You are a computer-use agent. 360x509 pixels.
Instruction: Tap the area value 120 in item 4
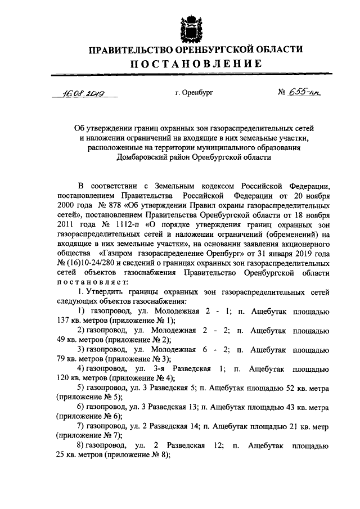coord(64,377)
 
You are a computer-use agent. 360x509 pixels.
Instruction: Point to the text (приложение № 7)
coord(89,435)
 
